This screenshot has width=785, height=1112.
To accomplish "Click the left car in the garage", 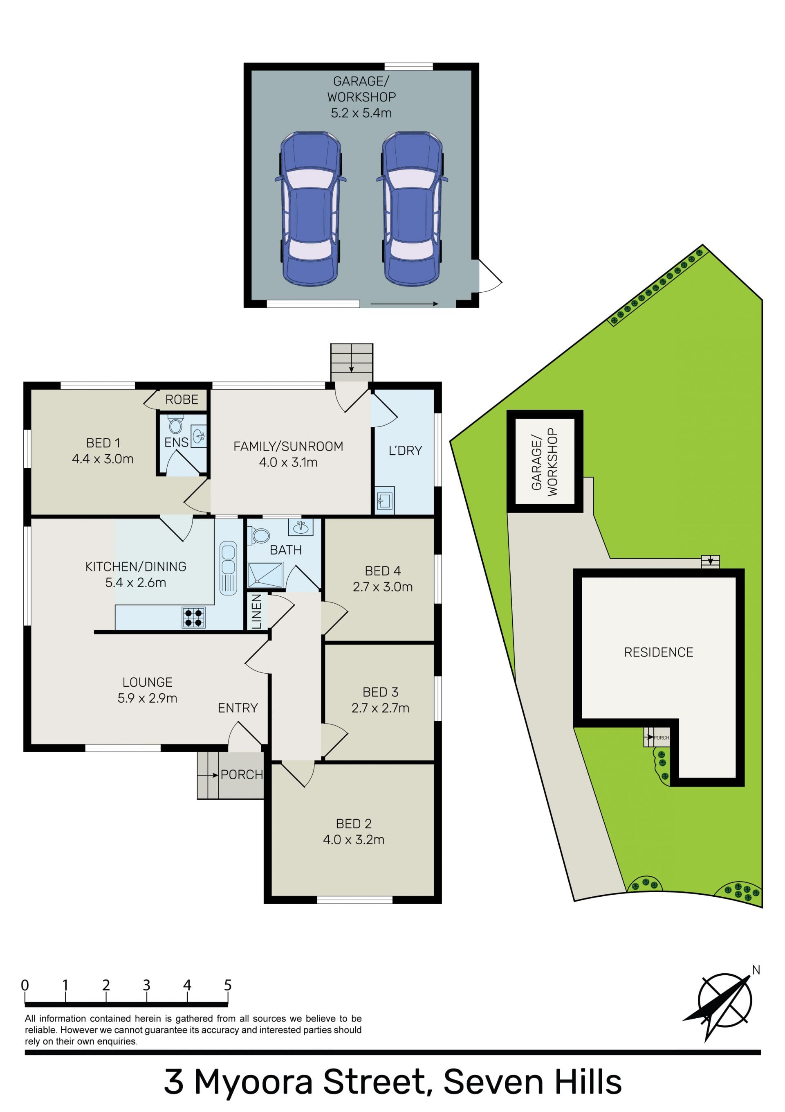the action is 310,208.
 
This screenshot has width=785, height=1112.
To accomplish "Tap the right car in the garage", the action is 412,208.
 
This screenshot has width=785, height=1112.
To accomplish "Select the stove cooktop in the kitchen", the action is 193,618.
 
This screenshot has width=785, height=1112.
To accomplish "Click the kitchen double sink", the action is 228,568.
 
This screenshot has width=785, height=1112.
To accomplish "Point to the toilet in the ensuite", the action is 175,424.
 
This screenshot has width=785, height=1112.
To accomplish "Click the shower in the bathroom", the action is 265,575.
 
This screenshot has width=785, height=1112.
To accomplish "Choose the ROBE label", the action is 182,399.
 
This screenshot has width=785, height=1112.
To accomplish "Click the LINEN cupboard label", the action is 256,612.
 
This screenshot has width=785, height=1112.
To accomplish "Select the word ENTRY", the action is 238,708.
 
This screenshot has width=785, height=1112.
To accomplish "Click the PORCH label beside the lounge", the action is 242,774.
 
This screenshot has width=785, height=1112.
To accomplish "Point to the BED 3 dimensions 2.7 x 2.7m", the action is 380,708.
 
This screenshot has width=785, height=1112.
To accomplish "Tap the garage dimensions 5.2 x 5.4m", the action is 361,113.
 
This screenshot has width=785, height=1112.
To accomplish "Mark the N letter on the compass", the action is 756,970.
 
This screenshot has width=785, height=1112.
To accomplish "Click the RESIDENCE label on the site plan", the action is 658,652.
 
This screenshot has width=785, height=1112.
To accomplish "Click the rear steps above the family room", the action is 352,363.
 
